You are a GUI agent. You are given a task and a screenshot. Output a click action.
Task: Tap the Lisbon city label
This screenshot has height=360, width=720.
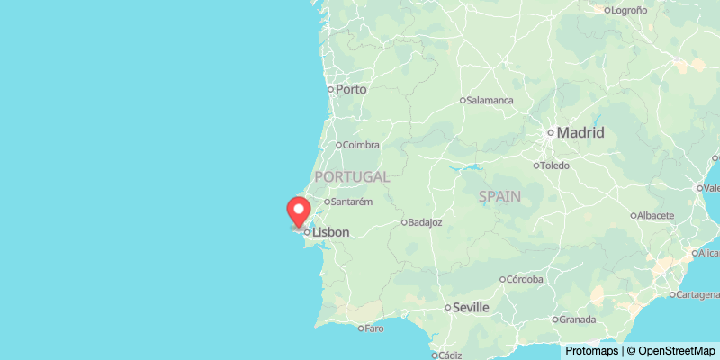(x=330, y=232)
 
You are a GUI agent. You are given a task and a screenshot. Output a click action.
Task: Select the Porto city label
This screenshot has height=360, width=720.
(x=351, y=89)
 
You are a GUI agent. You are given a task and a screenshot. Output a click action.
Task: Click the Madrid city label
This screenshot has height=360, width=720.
(x=580, y=133)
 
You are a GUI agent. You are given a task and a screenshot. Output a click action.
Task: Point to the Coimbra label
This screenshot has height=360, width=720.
(x=361, y=145)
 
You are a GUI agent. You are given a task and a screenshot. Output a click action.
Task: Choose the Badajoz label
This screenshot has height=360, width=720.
(x=425, y=222)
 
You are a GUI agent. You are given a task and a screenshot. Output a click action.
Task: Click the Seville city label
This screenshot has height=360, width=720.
(x=472, y=308)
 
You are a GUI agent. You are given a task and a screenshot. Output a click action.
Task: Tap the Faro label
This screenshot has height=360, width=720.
(x=374, y=328)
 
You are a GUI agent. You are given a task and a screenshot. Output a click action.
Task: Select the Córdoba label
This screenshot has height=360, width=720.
(x=526, y=279)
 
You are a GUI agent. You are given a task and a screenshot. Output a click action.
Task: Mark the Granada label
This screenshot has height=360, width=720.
(x=577, y=319)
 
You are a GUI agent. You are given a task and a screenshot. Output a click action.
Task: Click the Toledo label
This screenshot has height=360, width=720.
(x=556, y=166)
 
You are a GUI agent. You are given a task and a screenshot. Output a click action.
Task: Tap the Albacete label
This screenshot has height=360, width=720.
(x=655, y=216)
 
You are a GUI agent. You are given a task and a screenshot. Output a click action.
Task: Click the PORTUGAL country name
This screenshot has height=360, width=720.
(x=352, y=177)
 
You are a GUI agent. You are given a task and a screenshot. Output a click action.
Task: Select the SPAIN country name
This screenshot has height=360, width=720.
(x=499, y=196)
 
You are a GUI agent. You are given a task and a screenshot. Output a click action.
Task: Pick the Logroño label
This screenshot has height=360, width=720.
(x=629, y=11)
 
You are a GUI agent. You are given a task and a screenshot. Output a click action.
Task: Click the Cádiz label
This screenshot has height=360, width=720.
(x=450, y=355)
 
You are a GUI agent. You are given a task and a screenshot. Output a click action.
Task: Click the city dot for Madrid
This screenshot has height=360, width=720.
(x=551, y=133)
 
